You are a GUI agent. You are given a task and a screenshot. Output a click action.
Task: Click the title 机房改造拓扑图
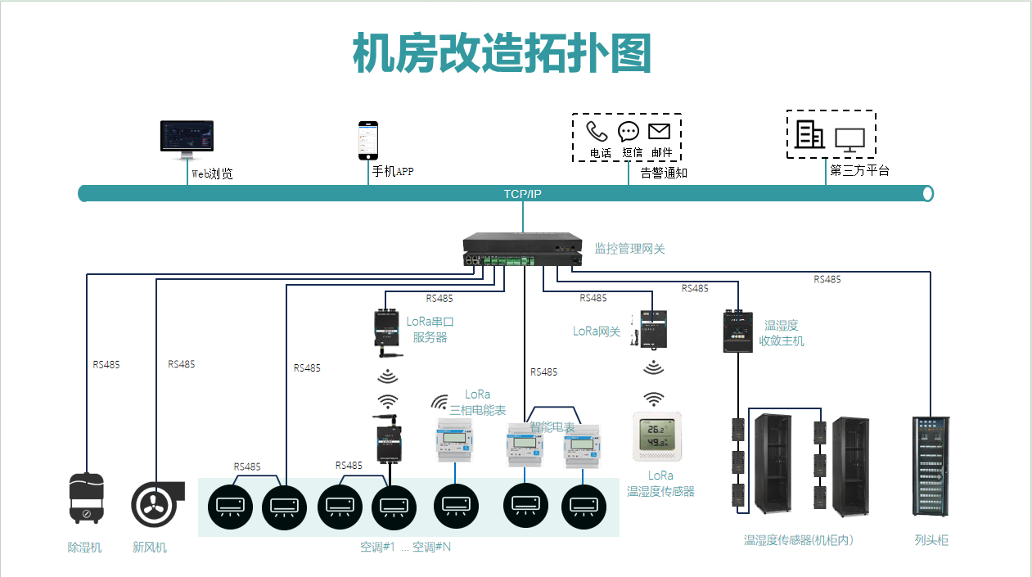pyautogui.click(x=502, y=55)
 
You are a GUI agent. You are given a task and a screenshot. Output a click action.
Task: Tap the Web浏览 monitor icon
pyautogui.click(x=187, y=140)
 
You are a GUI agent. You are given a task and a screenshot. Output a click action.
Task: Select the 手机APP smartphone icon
pyautogui.click(x=368, y=141)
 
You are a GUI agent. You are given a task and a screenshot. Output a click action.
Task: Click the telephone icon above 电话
pyautogui.click(x=597, y=131)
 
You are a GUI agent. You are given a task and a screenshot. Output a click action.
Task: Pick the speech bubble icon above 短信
pyautogui.click(x=629, y=131)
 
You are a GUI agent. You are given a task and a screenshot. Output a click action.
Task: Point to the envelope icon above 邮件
pyautogui.click(x=659, y=131)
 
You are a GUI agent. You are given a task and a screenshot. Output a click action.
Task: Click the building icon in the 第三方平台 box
pyautogui.click(x=809, y=133)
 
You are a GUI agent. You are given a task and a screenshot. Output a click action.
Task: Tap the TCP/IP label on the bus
pyautogui.click(x=522, y=194)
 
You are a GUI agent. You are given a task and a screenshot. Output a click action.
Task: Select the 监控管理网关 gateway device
pyautogui.click(x=522, y=250)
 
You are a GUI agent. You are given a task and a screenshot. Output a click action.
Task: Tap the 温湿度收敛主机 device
pyautogui.click(x=738, y=331)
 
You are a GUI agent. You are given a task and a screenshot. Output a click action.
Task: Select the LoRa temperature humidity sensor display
pyautogui.click(x=656, y=436)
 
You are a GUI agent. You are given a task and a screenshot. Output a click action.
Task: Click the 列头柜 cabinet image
pyautogui.click(x=931, y=467)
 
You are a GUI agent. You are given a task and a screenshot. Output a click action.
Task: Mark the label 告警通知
pyautogui.click(x=664, y=173)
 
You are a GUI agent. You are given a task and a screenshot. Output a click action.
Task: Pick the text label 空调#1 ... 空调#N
pyautogui.click(x=405, y=547)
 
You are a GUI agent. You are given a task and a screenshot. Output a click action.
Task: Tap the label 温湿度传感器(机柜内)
pyautogui.click(x=799, y=540)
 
